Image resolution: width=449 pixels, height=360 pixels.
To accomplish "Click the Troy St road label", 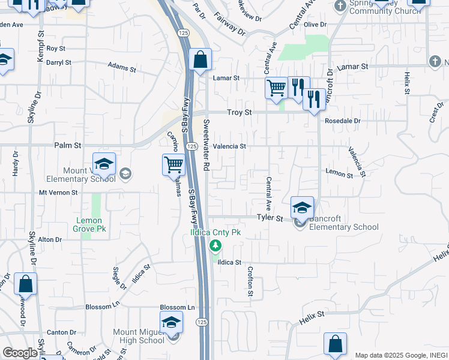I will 238,113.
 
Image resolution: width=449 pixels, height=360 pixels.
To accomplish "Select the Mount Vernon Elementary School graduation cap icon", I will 104,163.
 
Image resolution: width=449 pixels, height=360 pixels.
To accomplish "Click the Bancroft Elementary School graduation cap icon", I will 302,208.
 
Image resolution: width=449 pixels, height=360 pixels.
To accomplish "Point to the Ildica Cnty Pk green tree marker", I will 215,245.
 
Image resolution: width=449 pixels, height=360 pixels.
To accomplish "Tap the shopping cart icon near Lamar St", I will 276,88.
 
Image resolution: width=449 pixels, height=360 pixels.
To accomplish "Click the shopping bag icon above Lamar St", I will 200,59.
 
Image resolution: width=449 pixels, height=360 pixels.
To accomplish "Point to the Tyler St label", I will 270,218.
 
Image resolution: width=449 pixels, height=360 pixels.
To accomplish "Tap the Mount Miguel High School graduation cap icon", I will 171,322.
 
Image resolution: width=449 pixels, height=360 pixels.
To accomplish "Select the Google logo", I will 19,353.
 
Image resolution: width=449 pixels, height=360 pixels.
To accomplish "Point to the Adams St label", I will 123,65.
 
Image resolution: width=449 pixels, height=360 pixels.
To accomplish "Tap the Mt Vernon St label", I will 58,193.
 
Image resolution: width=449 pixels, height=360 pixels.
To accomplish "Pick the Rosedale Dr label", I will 342,121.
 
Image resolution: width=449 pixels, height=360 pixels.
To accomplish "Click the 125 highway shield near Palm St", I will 191,146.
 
